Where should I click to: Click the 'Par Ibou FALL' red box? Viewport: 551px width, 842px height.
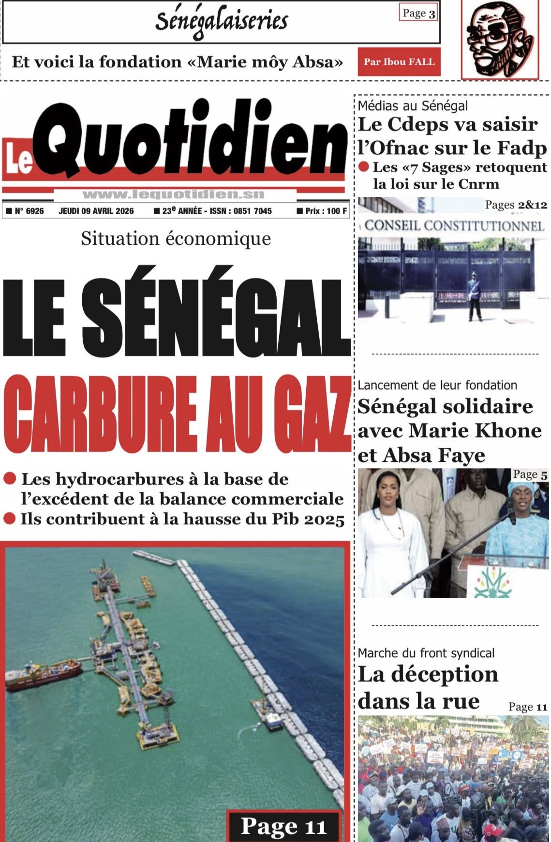coord(399,62)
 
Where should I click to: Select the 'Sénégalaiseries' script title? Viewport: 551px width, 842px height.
coord(222,21)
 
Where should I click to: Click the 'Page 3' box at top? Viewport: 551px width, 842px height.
coord(419,14)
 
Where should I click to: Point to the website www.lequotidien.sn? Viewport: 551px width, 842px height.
coord(174,195)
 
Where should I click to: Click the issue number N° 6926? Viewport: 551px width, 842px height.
coord(25,211)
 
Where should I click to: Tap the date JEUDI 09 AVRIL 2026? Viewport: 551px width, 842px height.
coord(96,211)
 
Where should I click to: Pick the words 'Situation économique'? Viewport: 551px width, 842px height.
coord(176,239)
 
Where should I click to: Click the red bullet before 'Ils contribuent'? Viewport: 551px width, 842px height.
coord(10,519)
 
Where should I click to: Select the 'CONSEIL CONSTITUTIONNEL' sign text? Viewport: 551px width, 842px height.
coord(454,225)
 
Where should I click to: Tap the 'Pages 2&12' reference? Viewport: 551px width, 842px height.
coord(516,205)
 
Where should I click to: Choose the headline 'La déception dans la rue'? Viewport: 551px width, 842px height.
coord(428,687)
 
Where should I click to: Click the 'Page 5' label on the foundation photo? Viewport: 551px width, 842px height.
coord(530,474)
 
